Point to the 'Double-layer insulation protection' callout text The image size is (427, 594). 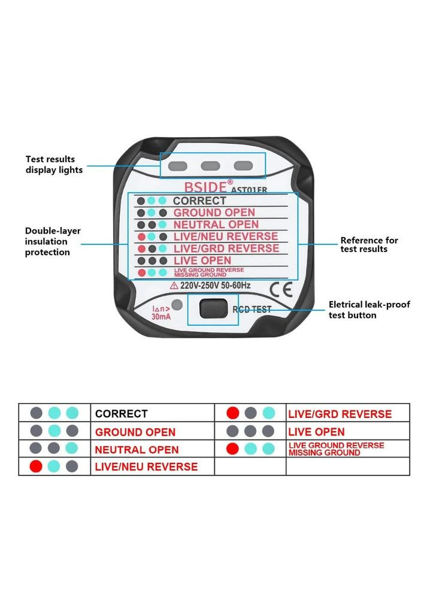[53, 241]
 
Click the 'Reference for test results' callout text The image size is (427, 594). [369, 244]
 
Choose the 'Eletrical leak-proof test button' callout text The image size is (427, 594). [370, 310]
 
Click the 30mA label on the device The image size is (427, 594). [160, 316]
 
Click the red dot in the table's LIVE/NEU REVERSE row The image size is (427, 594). [37, 466]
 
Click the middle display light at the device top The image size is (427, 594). [210, 166]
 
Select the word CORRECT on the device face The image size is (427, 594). [199, 201]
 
